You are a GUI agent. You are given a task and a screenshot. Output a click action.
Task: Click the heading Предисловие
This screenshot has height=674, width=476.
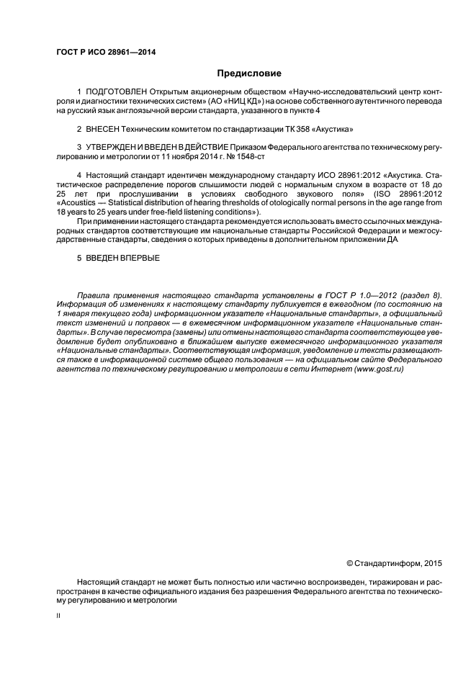click(249, 73)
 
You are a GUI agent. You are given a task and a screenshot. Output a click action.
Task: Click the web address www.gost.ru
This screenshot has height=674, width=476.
click(379, 369)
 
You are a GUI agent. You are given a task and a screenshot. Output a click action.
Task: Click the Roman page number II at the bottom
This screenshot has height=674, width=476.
click(58, 617)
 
